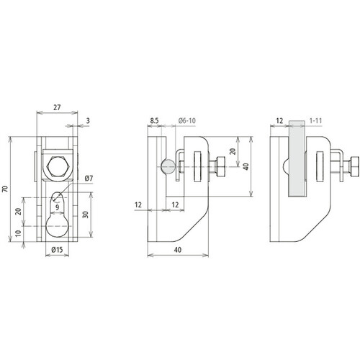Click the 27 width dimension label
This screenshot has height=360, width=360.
click(57, 107)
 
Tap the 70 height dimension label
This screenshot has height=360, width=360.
click(5, 189)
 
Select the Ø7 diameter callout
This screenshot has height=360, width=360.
click(89, 179)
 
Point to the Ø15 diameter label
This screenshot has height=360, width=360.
click(57, 250)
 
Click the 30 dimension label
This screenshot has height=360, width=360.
click(86, 215)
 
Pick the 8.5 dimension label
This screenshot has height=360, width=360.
click(154, 120)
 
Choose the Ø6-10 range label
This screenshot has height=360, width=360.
click(187, 120)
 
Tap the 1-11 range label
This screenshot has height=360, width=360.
click(315, 120)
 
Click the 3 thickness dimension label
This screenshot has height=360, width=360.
click(88, 120)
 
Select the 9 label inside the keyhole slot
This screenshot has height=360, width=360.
click(57, 207)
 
